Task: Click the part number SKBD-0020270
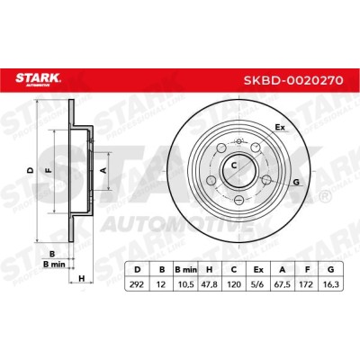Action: coord(293,80)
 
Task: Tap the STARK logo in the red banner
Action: coord(38,79)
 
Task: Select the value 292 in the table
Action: coord(137,283)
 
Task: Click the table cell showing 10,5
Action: coord(185,283)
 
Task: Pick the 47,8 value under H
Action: coord(210,283)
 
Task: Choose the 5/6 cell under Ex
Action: coord(258,283)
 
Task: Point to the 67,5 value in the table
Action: coord(283,283)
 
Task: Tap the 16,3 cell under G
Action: coord(331,283)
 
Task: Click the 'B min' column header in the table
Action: coord(185,270)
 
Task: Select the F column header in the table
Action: coord(307,270)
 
